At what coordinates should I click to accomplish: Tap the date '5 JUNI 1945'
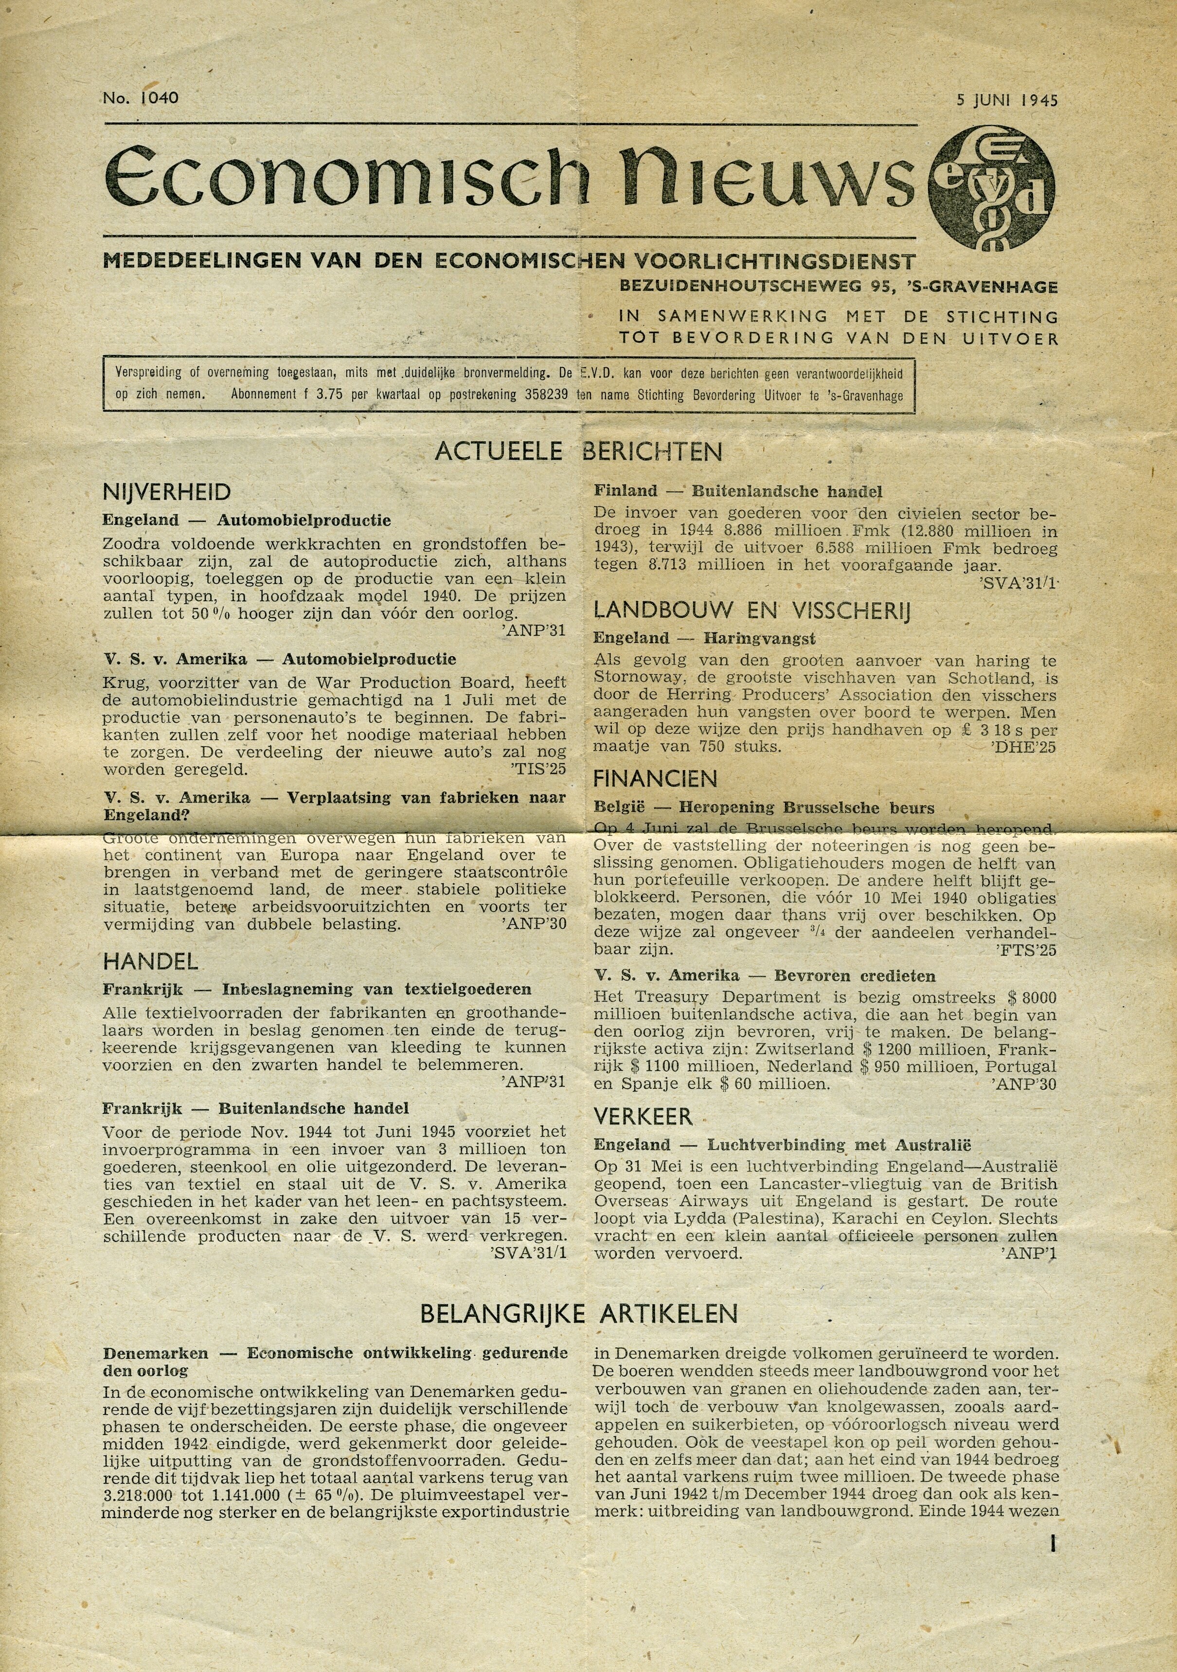pyautogui.click(x=1007, y=100)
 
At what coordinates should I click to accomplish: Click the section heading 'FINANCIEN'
pyautogui.click(x=655, y=779)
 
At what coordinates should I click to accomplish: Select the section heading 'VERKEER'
pyautogui.click(x=643, y=1116)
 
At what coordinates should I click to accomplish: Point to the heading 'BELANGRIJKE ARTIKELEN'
pyautogui.click(x=579, y=1313)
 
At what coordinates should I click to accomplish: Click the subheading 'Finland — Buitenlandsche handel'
pyautogui.click(x=738, y=491)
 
